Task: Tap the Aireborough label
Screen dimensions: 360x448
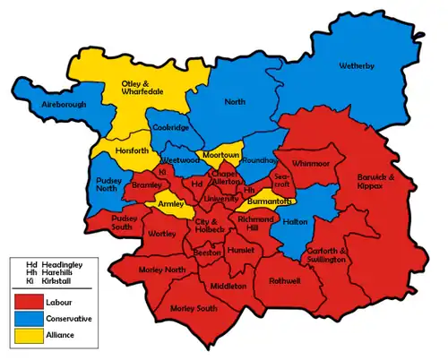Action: click(45, 106)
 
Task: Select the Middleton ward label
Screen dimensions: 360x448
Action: click(228, 286)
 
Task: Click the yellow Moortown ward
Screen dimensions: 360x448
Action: click(219, 155)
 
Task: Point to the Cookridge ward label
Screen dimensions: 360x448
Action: click(170, 129)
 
